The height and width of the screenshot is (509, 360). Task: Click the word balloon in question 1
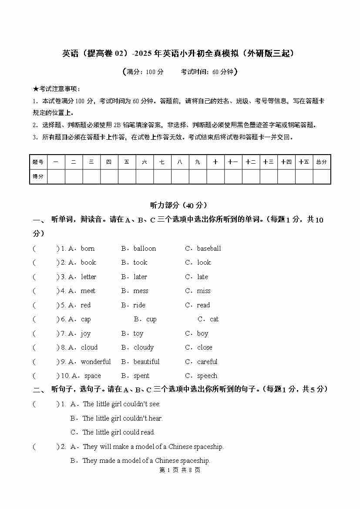[145, 249]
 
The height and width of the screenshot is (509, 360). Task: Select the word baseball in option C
[209, 249]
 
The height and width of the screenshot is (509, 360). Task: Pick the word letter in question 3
[88, 277]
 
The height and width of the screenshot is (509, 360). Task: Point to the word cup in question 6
[151, 319]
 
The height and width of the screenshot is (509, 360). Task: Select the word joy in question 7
[85, 334]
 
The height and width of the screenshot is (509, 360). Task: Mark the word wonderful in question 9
[96, 362]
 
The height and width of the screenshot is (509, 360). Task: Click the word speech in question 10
[207, 376]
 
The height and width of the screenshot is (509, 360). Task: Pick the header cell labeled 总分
[322, 162]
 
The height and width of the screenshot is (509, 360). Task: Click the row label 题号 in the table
[38, 162]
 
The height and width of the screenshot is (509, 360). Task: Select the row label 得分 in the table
[38, 177]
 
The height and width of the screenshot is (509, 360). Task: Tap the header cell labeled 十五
[304, 162]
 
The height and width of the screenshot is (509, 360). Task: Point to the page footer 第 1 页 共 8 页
[180, 470]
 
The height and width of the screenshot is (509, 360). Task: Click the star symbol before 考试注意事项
[36, 89]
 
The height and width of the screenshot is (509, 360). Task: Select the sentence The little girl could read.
[118, 432]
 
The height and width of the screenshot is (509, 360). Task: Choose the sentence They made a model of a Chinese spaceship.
[146, 461]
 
